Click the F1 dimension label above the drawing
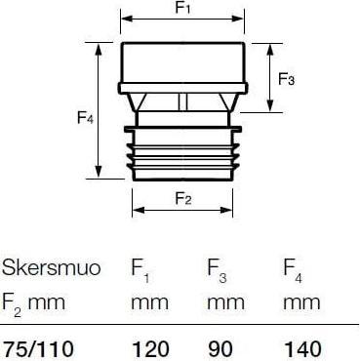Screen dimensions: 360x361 tap(182, 8)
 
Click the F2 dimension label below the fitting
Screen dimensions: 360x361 tap(183, 198)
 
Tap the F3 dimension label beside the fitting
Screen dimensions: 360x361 tap(286, 79)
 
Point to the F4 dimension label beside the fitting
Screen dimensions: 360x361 tap(85, 117)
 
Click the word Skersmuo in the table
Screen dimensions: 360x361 tap(51, 267)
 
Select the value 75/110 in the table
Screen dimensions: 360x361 tap(38, 349)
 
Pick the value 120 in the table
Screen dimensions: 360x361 tap(150, 349)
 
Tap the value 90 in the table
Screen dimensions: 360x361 tap(220, 349)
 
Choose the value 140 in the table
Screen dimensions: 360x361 tap(303, 349)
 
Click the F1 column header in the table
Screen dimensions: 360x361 tap(140, 270)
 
